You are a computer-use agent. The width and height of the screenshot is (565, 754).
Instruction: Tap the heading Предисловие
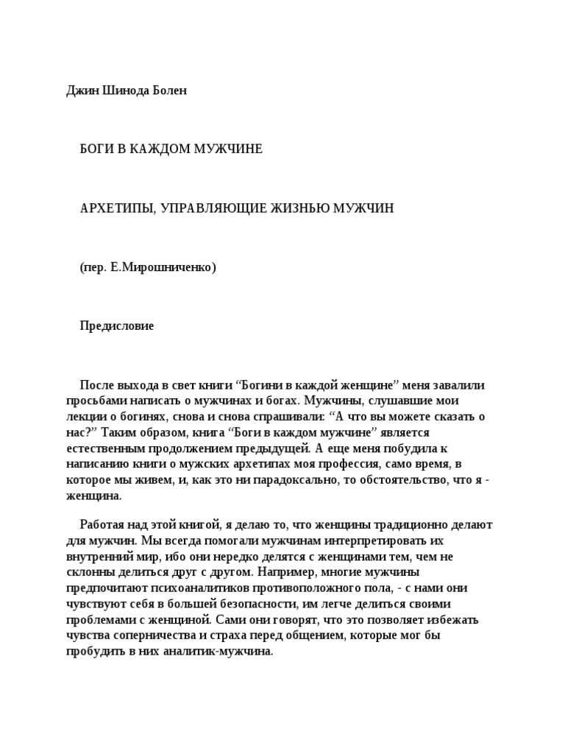point(117,326)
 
